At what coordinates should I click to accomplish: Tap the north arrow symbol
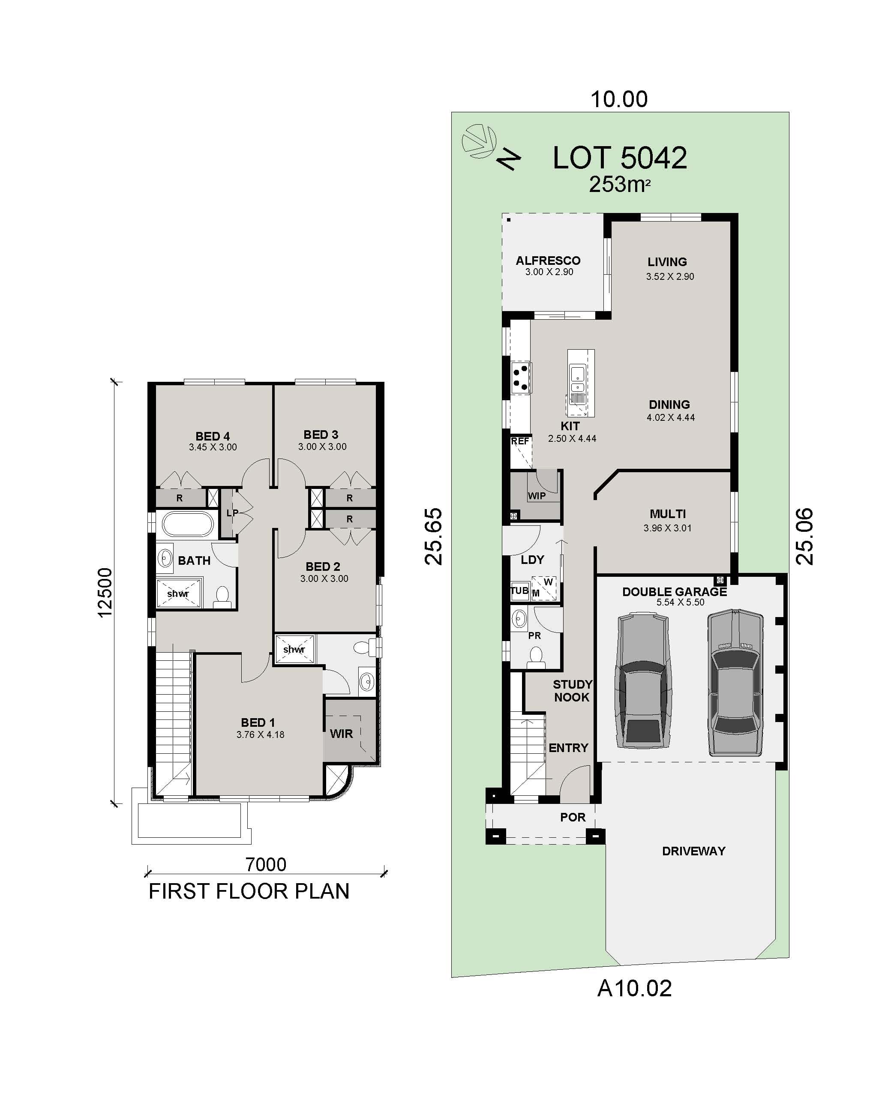[x=508, y=159]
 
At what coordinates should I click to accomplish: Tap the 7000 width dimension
[x=265, y=864]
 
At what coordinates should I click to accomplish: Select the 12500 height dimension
[x=105, y=592]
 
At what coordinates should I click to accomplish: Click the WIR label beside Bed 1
[x=341, y=734]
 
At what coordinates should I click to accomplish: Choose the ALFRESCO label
[x=548, y=261]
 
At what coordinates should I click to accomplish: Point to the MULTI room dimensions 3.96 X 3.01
[x=667, y=528]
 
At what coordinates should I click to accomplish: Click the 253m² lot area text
[x=619, y=185]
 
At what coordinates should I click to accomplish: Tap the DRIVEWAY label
[x=693, y=851]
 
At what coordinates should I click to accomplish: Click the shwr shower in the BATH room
[x=178, y=593]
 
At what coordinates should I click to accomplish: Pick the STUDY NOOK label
[x=572, y=691]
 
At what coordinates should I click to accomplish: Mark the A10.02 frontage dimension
[x=634, y=988]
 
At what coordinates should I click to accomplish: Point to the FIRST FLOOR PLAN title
[x=249, y=891]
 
